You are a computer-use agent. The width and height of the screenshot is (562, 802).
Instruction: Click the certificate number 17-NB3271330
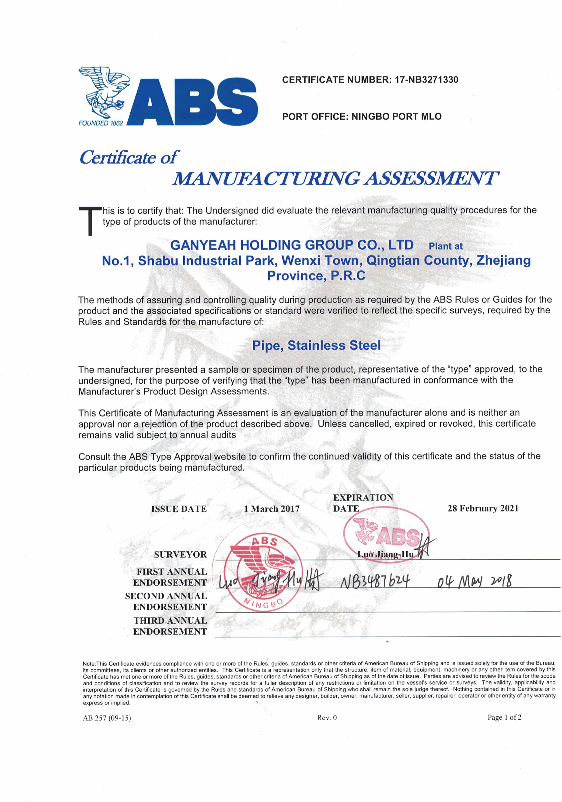point(426,80)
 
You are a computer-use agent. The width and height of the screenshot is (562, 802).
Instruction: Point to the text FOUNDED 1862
point(101,123)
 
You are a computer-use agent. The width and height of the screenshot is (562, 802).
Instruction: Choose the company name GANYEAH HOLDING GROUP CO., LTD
point(292,245)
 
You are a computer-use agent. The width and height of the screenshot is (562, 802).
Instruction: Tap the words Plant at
point(445,246)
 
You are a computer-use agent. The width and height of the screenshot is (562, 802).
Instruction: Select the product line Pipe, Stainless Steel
point(316,345)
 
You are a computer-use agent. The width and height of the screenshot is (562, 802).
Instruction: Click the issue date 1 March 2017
point(272,509)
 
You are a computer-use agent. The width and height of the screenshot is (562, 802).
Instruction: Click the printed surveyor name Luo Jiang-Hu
point(385,554)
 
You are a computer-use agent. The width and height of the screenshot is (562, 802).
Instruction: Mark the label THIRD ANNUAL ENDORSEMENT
point(170,626)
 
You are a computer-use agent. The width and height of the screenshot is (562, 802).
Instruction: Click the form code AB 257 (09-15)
point(107,718)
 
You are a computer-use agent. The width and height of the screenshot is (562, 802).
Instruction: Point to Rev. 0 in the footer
point(327,718)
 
